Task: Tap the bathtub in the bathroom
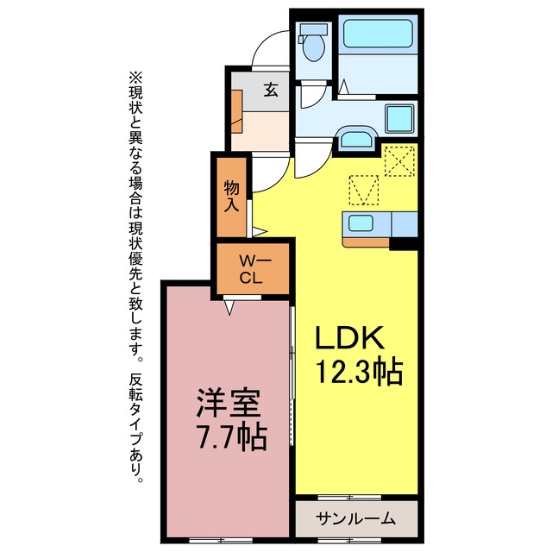point(378,34)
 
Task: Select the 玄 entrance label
point(271,90)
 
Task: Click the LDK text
point(349,337)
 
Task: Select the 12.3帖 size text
point(359,372)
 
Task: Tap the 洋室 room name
point(229,403)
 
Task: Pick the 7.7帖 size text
point(232,437)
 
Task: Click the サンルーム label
point(355,518)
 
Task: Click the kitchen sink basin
point(361,223)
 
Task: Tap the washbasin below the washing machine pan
point(357,139)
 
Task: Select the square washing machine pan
point(399,118)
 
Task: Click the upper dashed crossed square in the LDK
point(399,161)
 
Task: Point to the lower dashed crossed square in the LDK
point(364,190)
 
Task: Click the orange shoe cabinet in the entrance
point(237,111)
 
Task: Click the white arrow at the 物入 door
point(260,232)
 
